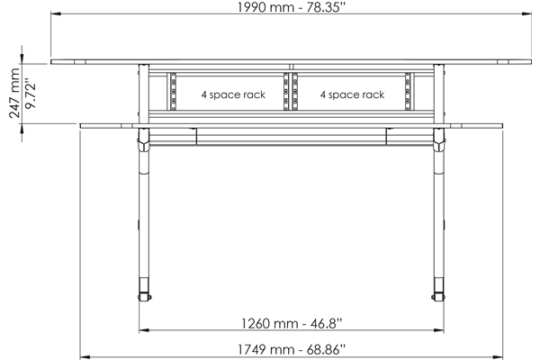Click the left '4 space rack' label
coord(232,94)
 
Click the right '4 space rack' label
coord(353,94)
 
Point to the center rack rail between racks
coord(292,91)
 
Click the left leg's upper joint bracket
coord(143,142)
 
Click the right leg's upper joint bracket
coord(440,142)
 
